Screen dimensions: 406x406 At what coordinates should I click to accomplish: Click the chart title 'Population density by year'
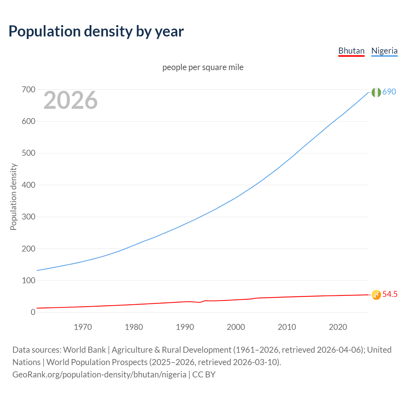96,31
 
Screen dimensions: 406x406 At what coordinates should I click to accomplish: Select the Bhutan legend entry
351,51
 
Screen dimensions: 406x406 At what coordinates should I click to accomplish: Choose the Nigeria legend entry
384,51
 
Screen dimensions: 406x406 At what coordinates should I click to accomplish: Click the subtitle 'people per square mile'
203,67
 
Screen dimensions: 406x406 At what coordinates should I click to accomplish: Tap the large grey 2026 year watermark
70,100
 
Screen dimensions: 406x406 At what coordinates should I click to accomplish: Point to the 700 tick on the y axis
28,90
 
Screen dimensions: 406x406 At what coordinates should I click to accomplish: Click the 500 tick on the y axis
28,153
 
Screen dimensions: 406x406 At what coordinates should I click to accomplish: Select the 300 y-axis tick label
28,217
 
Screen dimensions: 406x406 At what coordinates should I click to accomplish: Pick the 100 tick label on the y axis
28,280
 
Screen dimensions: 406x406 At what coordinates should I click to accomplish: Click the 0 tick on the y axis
33,312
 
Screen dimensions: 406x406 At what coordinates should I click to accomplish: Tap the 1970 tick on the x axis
83,327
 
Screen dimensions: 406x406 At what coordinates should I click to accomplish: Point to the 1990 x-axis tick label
185,327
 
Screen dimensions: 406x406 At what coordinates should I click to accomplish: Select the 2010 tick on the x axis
287,327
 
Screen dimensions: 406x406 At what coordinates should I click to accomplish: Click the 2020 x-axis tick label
338,327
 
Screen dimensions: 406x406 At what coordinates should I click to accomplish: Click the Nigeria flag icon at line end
376,92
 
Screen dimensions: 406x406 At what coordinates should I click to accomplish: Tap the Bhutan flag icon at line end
376,295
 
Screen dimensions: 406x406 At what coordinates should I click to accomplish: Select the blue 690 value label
389,92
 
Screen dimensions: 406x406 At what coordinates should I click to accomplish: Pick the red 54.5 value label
390,294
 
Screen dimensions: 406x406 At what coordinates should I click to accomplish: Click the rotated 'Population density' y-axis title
13,197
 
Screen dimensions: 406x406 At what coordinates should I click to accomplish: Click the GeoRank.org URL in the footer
99,375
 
